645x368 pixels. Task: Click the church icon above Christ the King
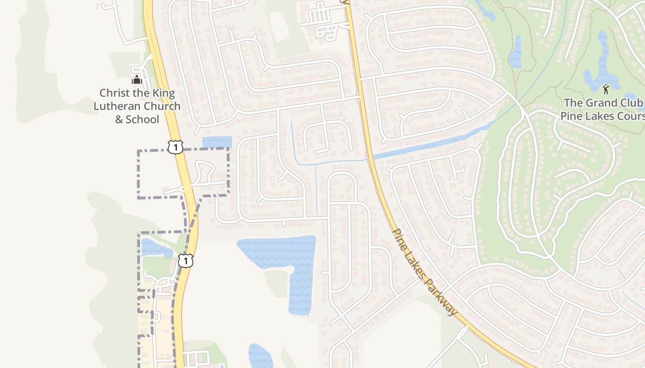(136, 80)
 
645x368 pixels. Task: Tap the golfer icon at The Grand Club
(606, 89)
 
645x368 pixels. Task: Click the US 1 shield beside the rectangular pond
(176, 147)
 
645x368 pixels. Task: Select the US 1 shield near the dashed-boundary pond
(185, 261)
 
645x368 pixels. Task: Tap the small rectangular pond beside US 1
(217, 142)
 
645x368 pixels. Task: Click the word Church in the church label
(161, 106)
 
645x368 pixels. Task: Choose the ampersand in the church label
(119, 120)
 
